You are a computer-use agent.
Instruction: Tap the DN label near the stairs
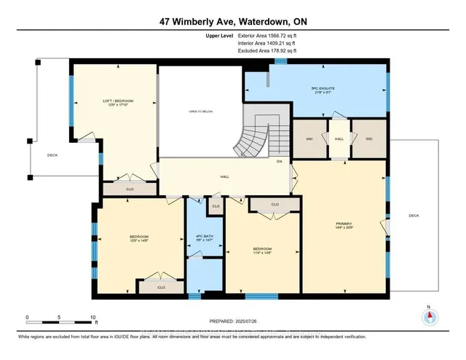(x=279, y=161)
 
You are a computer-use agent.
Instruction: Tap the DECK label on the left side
(x=52, y=155)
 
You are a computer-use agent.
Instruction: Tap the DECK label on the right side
(x=414, y=215)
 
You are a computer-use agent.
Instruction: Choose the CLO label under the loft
(x=130, y=189)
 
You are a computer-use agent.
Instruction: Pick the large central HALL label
(x=225, y=176)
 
